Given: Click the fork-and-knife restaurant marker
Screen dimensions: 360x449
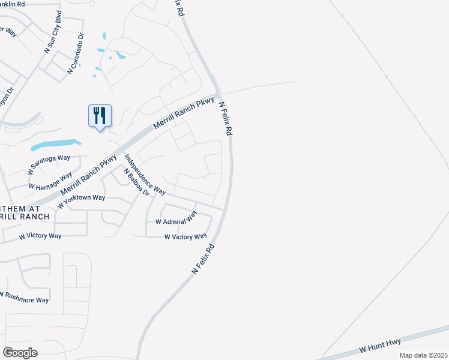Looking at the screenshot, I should point(100,115).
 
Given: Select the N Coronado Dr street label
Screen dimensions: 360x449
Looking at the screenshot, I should point(76,53).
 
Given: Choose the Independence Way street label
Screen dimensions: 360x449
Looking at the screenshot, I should point(145,175).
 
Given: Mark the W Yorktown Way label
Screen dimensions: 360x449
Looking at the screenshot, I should point(81,202).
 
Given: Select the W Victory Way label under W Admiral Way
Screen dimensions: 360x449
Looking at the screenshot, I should point(186,237).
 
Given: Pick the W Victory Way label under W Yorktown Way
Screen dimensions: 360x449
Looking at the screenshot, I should point(40,236).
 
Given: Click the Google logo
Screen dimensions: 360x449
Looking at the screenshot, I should point(20,352).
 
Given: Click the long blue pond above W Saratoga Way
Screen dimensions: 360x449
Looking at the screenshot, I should point(55,145).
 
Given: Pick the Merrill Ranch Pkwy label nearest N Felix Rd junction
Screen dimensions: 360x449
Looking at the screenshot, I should point(183,113).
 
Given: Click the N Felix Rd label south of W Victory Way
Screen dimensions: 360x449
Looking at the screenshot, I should point(203,259).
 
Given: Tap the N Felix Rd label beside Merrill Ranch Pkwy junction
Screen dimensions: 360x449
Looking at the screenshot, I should point(226,118).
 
